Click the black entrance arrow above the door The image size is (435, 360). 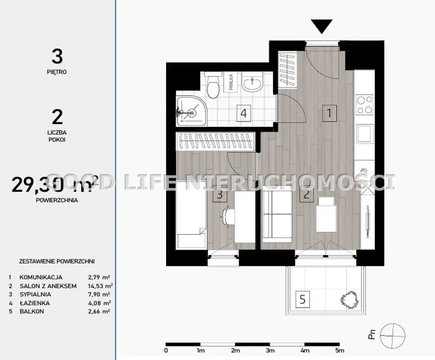(321, 26)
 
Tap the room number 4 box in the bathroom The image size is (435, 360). (244, 113)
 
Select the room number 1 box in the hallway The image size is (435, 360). (329, 113)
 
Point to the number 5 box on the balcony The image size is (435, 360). (302, 300)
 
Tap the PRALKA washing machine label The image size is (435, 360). (231, 82)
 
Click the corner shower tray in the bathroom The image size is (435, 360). (191, 112)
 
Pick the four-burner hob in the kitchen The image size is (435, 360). (365, 105)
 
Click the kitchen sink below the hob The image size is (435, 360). (365, 134)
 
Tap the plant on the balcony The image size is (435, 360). (350, 300)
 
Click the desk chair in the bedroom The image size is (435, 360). (228, 217)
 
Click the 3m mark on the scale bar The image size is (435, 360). (270, 350)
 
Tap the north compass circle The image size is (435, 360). (392, 336)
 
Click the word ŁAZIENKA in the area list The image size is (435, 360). (35, 303)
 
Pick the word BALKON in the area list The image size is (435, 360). (31, 311)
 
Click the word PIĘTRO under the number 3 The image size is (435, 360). (57, 72)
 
